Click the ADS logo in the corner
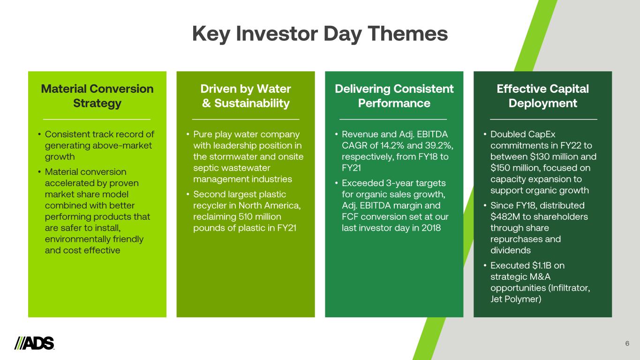[34, 343]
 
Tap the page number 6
[627, 344]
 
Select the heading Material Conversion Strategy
[97, 96]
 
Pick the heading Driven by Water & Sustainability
[246, 96]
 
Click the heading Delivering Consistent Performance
[394, 96]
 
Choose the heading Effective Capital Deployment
[542, 96]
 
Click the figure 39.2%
[439, 146]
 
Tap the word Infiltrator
[569, 288]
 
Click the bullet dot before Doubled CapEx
[485, 134]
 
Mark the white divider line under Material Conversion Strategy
[97, 119]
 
